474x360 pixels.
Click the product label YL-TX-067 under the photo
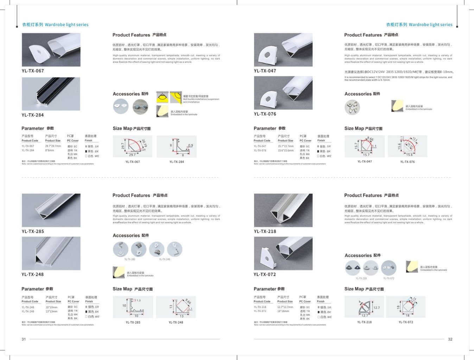[x=33, y=71]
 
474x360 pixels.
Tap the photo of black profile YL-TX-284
[x=51, y=94]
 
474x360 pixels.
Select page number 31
[x=24, y=339]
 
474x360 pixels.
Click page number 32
[x=450, y=339]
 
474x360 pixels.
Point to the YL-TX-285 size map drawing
[x=133, y=307]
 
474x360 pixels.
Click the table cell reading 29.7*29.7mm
[x=53, y=146]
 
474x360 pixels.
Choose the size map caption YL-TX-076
[x=407, y=162]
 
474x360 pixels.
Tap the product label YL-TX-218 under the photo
[x=265, y=231]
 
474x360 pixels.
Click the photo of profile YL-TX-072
[x=283, y=253]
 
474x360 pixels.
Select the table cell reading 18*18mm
[x=283, y=311]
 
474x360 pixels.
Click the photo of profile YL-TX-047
[x=283, y=50]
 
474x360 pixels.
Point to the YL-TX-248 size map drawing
[x=176, y=307]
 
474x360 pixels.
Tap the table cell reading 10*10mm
[x=51, y=307]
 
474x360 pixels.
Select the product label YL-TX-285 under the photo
[x=33, y=231]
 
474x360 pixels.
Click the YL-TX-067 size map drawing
[x=132, y=146]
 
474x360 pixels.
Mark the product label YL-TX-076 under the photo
[x=265, y=114]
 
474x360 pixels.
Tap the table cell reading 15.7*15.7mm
[x=285, y=146]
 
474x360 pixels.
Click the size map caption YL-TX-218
[x=364, y=322]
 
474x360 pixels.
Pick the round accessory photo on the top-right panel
[x=352, y=107]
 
